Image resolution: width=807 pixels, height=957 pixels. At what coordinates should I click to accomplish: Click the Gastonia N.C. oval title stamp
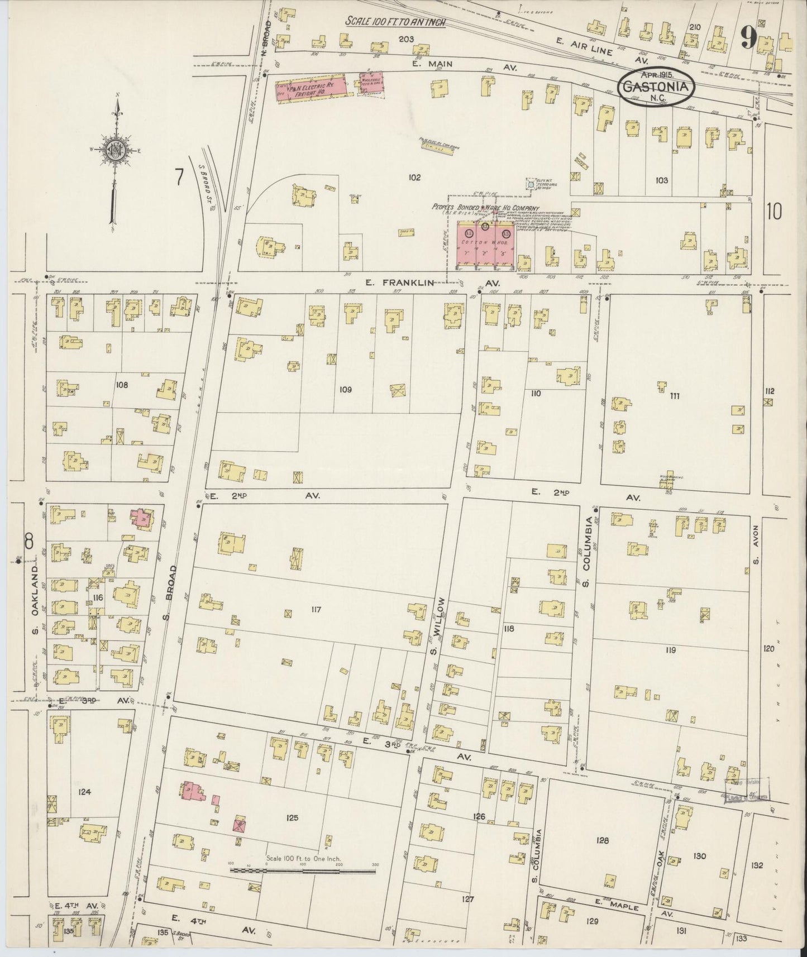tap(656, 87)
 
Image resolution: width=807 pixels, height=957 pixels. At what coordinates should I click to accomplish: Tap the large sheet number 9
tap(748, 39)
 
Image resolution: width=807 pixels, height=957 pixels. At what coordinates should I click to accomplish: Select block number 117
tap(316, 610)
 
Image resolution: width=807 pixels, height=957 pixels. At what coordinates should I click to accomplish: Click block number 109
tap(345, 389)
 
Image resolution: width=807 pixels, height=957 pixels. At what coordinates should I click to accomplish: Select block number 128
tap(602, 840)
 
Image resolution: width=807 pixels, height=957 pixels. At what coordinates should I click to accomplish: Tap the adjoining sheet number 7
tap(179, 177)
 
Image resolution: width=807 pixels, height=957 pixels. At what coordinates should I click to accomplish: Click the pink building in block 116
tap(142, 518)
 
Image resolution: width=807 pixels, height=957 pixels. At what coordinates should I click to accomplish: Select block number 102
tap(414, 178)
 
